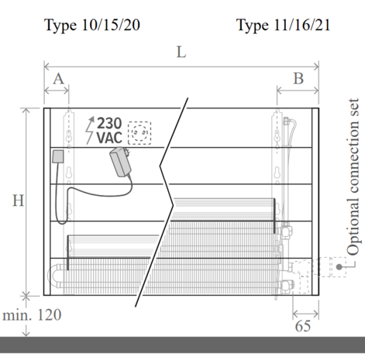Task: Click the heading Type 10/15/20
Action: [x=92, y=26]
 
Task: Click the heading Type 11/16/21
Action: [x=284, y=26]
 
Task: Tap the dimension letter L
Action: [x=181, y=52]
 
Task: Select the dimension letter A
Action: [x=58, y=78]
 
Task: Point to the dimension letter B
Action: [x=298, y=78]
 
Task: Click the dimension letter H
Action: [x=19, y=201]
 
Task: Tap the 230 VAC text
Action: [x=109, y=130]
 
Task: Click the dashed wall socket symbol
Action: [x=139, y=133]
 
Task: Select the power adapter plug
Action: [x=121, y=162]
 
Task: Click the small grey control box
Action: [x=58, y=156]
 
